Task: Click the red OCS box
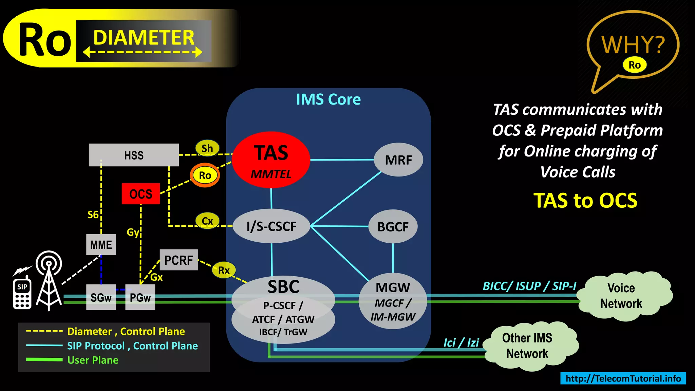[141, 194]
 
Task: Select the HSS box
[134, 155]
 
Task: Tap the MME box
[101, 244]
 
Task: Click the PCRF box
[179, 260]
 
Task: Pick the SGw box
[101, 297]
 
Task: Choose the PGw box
[140, 297]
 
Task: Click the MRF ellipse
[398, 160]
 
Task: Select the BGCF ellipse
[393, 226]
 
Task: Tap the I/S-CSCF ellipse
[271, 226]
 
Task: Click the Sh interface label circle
[207, 148]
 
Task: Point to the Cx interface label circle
[207, 221]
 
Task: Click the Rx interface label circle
[224, 270]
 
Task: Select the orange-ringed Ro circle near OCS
[205, 175]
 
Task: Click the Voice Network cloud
[621, 296]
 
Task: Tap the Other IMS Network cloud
[527, 346]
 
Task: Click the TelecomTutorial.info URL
[623, 378]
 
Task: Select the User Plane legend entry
[93, 360]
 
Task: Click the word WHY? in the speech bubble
[633, 44]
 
